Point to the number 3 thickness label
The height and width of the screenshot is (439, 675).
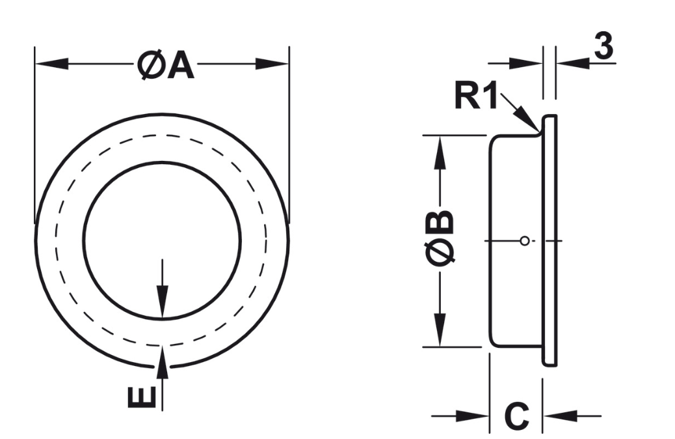point(604,48)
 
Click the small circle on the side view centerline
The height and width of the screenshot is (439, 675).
point(524,241)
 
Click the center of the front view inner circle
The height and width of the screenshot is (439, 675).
point(163,240)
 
